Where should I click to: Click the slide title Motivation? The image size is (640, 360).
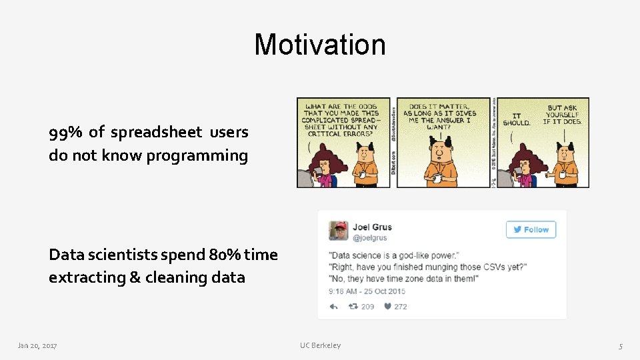(x=319, y=45)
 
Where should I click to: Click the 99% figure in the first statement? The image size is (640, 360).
(x=65, y=132)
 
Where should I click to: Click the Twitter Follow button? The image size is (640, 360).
(x=531, y=229)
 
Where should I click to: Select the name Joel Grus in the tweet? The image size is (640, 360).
(x=372, y=227)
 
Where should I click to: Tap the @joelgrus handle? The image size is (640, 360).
(x=369, y=237)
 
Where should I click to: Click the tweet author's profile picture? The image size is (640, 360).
(x=338, y=231)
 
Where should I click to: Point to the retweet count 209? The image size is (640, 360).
(x=367, y=307)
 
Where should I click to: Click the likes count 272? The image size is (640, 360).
(x=400, y=307)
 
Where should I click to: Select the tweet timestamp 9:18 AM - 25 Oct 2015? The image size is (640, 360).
(x=367, y=291)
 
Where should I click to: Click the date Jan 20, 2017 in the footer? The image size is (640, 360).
(x=37, y=345)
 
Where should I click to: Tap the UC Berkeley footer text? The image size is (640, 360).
(x=320, y=345)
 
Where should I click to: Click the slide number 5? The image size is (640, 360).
(x=620, y=345)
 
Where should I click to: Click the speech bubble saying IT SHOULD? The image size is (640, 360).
(x=517, y=119)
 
